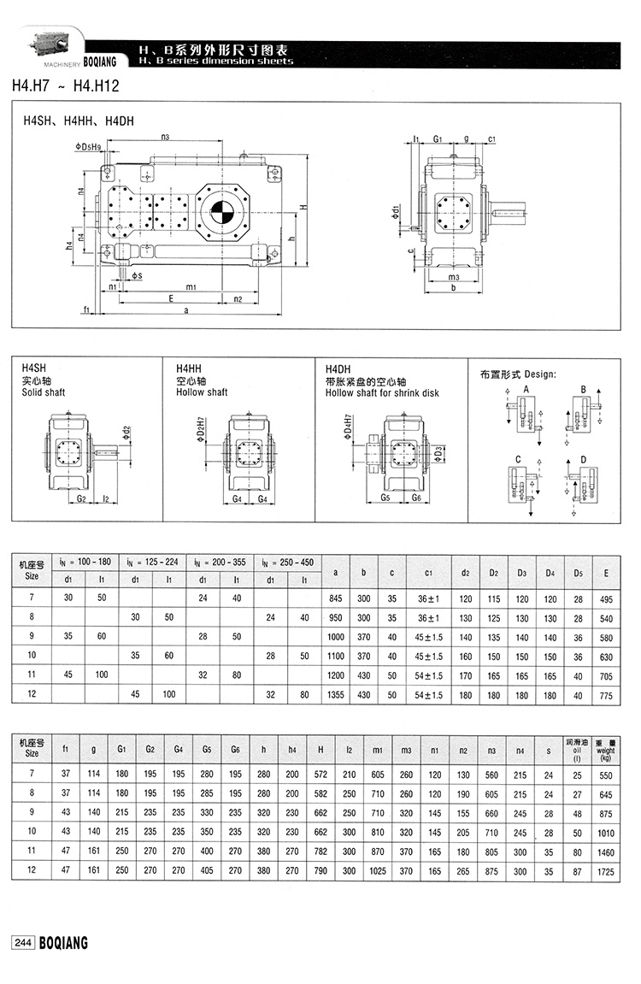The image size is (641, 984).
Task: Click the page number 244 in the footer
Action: (21, 942)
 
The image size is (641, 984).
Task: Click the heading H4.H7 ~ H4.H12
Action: (64, 85)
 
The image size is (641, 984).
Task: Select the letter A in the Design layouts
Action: (526, 389)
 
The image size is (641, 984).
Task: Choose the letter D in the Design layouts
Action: (583, 461)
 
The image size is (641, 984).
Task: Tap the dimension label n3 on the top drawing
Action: (165, 137)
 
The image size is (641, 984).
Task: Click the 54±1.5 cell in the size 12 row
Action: (425, 695)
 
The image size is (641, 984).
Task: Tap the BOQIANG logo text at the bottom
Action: (62, 942)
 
